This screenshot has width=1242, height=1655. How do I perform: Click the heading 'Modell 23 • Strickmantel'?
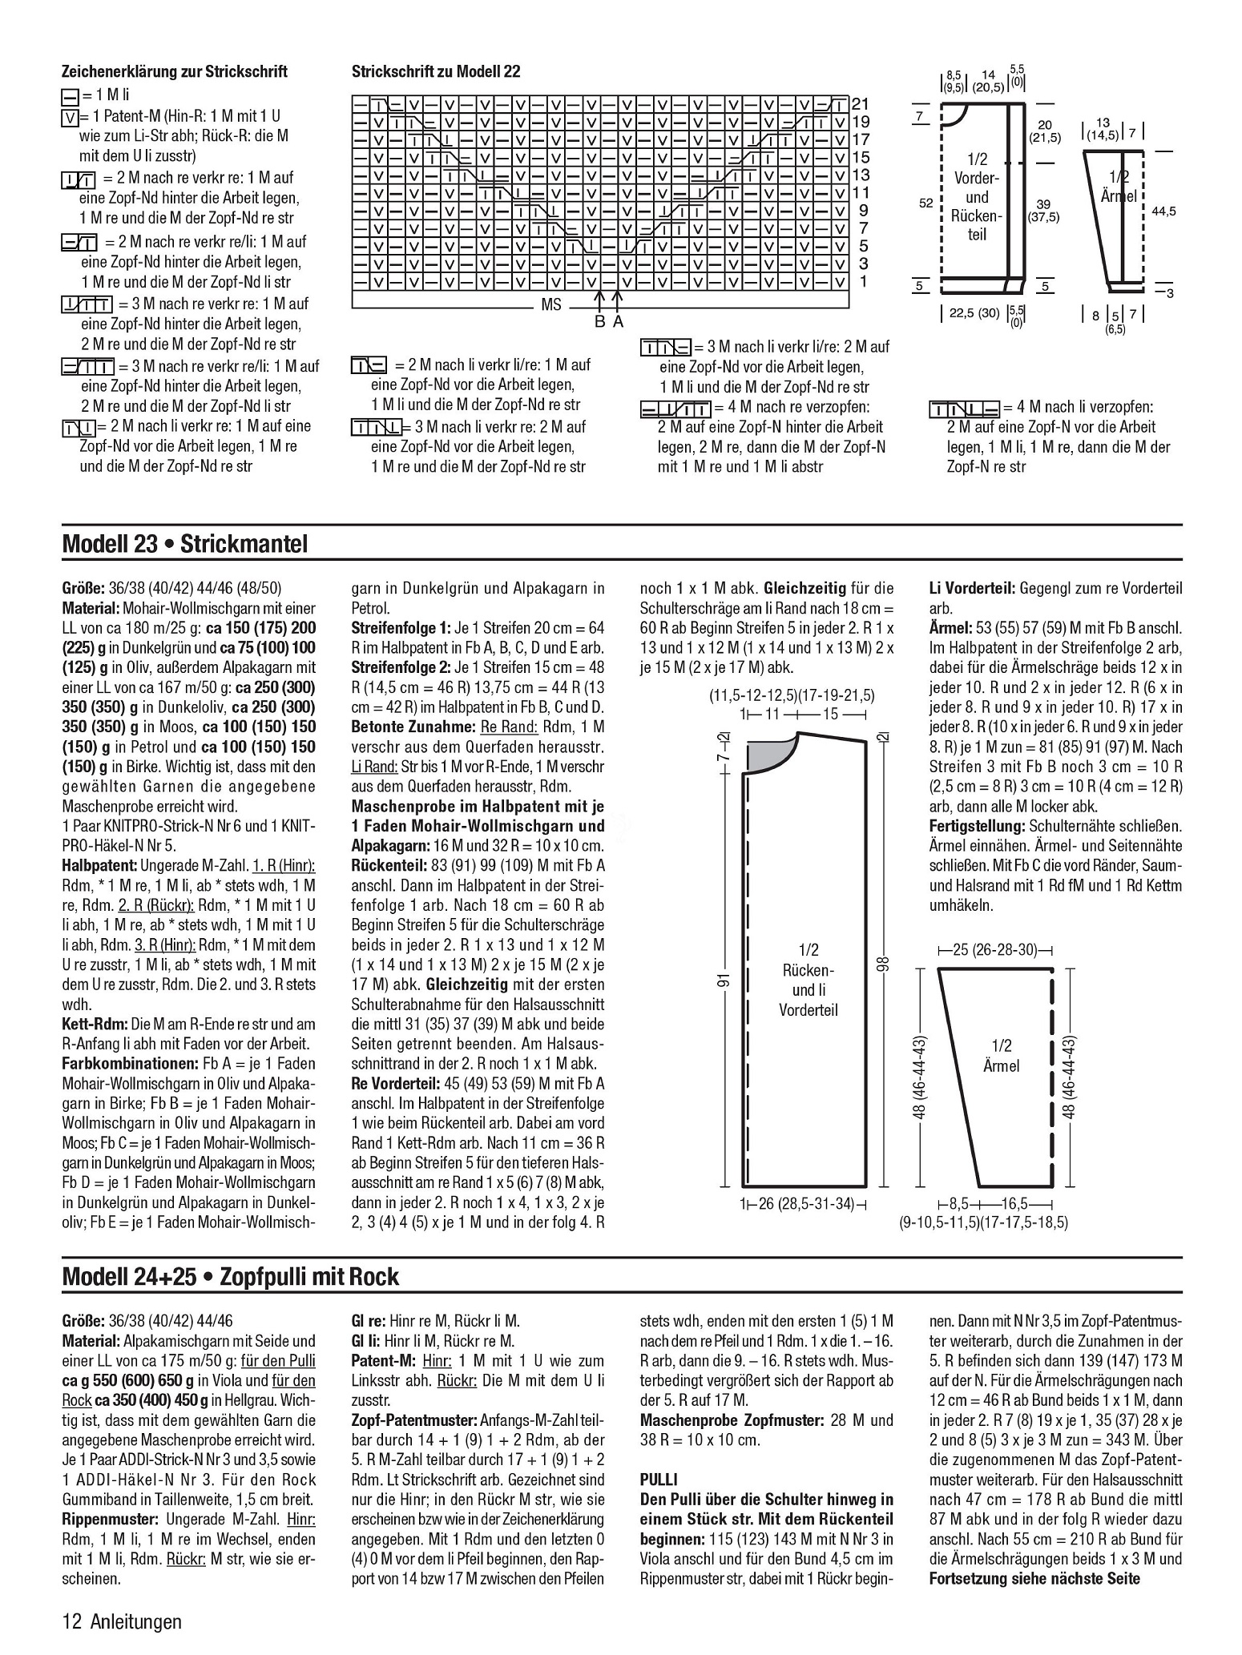(184, 545)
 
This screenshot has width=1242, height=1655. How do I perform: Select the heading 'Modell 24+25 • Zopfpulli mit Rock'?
(230, 1275)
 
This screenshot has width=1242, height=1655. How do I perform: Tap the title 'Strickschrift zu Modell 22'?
(436, 72)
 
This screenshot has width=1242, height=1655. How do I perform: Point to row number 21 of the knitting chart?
(861, 103)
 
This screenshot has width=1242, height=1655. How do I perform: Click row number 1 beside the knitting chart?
(863, 281)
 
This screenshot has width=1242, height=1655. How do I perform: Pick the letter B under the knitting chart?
(599, 322)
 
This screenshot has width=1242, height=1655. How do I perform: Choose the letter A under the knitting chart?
(618, 322)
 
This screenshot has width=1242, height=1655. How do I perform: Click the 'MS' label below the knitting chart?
(551, 304)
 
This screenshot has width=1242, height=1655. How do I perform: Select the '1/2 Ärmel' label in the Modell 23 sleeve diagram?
(1002, 1056)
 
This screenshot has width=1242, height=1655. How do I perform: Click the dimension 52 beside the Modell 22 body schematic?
(925, 203)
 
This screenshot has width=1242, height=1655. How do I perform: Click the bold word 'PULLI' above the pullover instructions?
(659, 1479)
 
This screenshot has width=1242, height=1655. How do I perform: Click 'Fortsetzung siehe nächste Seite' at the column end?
(1034, 1579)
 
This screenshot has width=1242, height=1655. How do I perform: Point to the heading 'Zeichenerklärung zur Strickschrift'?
(175, 72)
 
